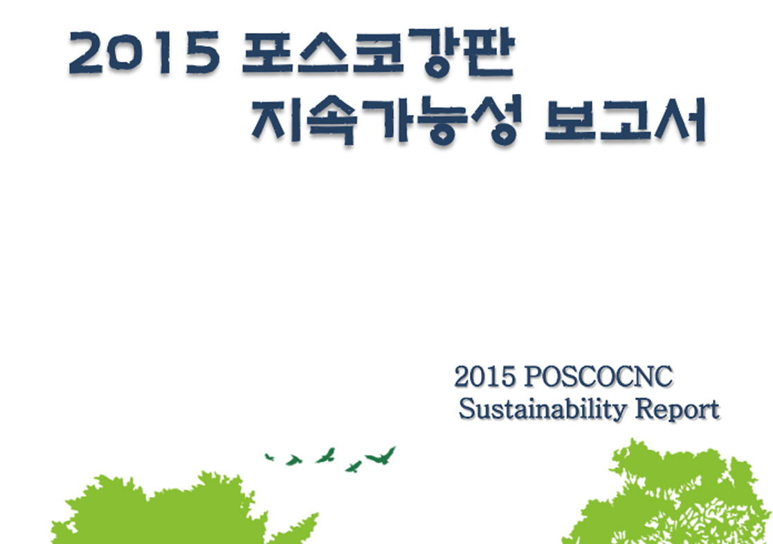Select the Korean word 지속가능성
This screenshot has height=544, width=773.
tap(386, 119)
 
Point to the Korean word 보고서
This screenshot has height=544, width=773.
tap(625, 120)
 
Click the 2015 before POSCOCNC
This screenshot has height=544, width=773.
tap(484, 377)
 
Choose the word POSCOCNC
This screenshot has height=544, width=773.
tap(598, 377)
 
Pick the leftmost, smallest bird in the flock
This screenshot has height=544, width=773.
tap(269, 458)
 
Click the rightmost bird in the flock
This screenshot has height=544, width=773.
tap(381, 456)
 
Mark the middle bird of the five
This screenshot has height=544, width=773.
tap(326, 456)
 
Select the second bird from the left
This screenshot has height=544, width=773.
tap(294, 460)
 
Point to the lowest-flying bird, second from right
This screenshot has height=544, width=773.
tap(354, 466)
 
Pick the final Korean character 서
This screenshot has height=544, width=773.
tap(681, 120)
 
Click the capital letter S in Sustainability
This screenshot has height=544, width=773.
tap(465, 410)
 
